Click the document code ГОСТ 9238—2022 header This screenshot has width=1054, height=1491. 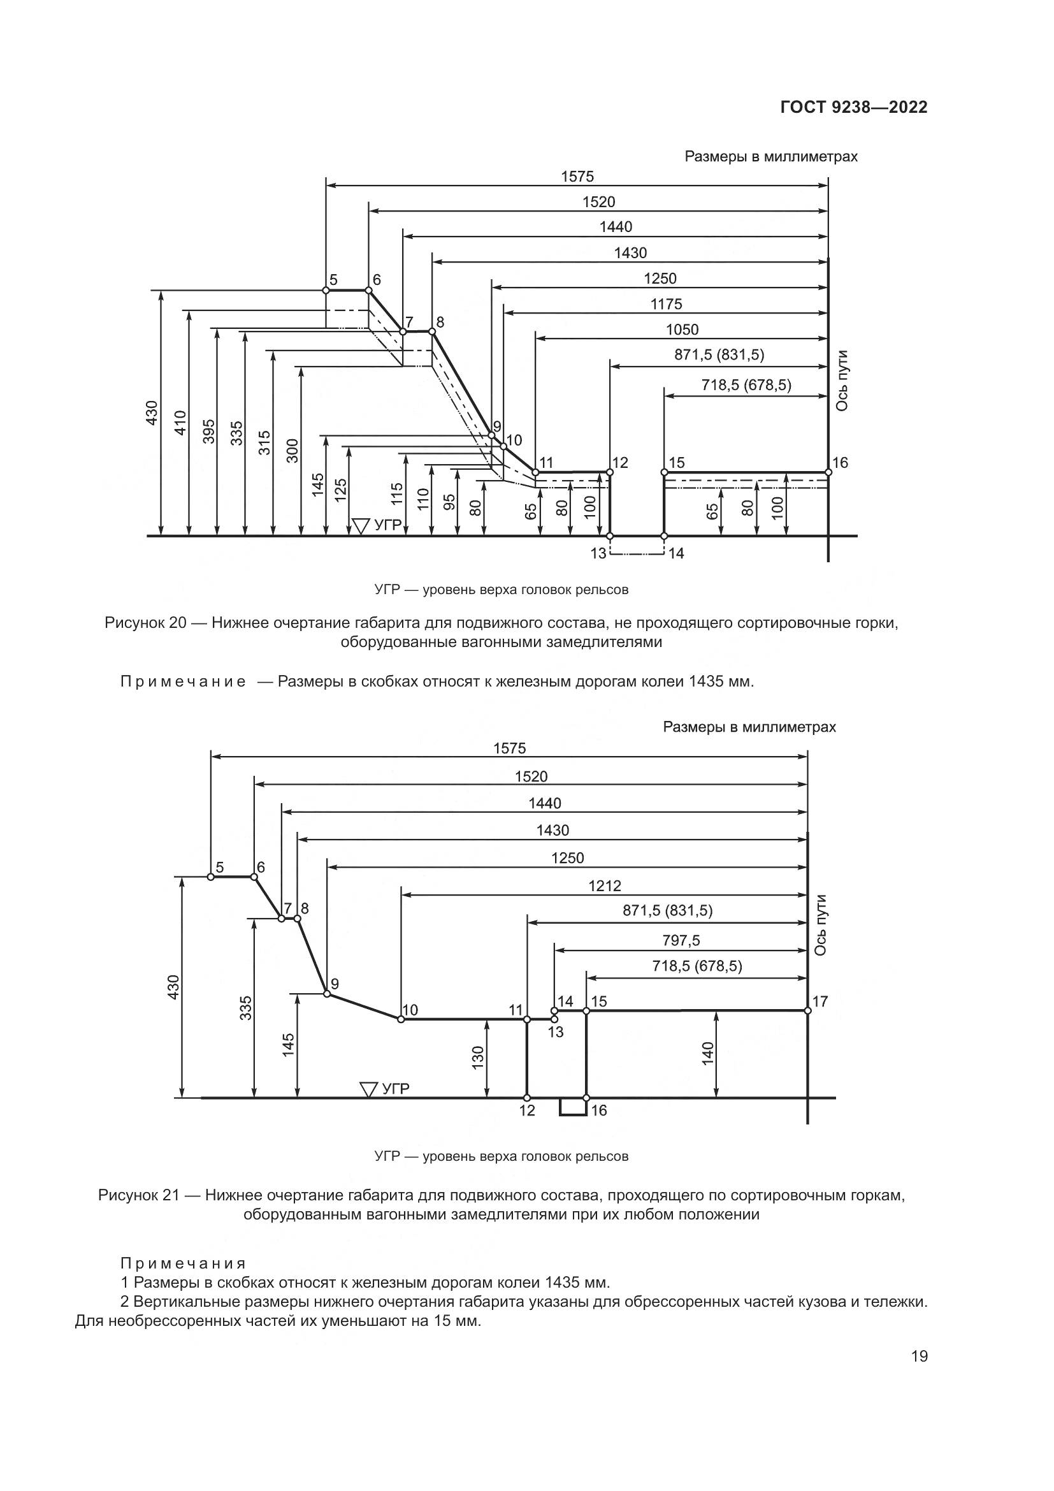pos(853,107)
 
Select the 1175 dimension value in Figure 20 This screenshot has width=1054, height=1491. pos(666,304)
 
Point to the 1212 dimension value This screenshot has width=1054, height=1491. pos(604,886)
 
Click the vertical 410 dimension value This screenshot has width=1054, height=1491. pos(181,423)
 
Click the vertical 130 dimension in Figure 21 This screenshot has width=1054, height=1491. pos(478,1057)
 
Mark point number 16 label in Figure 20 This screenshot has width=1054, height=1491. pos(841,462)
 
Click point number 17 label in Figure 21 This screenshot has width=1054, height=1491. pos(820,1001)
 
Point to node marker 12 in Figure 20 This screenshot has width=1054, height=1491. pos(609,472)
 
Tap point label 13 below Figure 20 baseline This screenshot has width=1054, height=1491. pos(598,553)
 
